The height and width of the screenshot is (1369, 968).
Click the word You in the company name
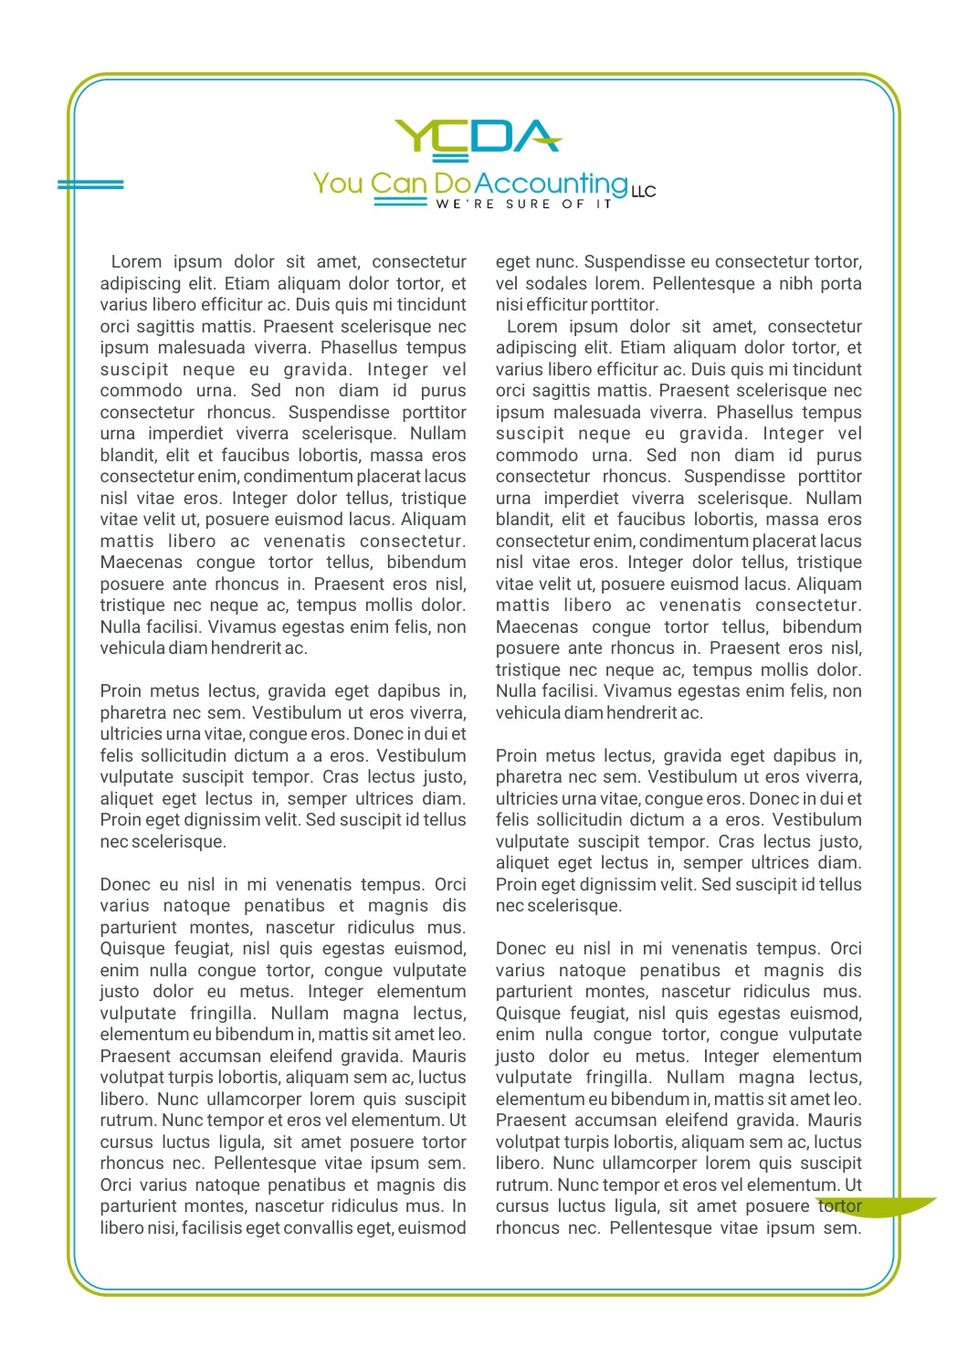coord(338,184)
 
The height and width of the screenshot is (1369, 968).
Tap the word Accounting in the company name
coord(551,184)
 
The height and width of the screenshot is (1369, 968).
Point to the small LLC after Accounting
coord(643,191)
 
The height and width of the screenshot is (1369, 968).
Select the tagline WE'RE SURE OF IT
coord(523,205)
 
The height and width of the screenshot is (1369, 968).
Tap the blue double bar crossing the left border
coord(90,184)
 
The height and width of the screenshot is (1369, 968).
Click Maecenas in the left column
coord(142,563)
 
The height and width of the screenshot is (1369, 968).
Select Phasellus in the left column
coord(360,348)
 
